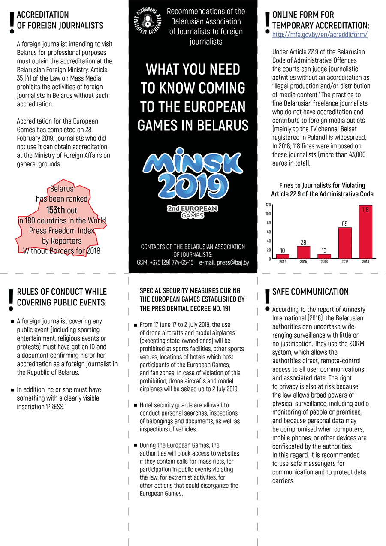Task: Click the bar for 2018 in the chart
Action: point(365,232)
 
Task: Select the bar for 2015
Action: point(303,252)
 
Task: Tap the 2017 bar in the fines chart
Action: point(344,242)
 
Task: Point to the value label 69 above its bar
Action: point(344,223)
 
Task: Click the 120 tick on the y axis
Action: point(268,205)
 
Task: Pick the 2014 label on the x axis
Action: point(283,261)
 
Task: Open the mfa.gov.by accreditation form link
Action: point(320,35)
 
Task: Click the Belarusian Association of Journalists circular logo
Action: point(148,21)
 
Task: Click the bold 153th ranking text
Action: point(56,210)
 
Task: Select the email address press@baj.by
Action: point(233,262)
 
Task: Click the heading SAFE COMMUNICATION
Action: point(310,292)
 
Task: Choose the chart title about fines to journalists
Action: point(322,190)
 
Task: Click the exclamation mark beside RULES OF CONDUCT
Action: point(11,300)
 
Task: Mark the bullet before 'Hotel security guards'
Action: point(136,405)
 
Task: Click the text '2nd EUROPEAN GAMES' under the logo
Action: point(192,211)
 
